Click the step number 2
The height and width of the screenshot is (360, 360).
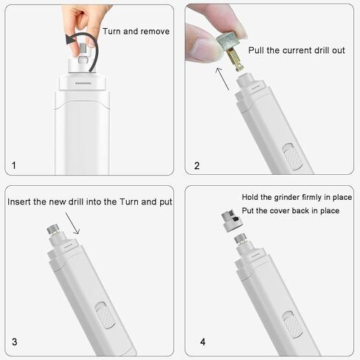pos(197,165)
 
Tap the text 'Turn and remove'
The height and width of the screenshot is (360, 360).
pos(136,32)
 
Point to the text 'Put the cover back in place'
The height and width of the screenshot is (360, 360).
pos(291,210)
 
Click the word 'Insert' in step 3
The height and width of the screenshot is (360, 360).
pos(19,201)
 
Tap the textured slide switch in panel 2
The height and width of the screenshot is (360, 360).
pos(294,156)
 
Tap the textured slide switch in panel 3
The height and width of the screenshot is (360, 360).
pos(107,317)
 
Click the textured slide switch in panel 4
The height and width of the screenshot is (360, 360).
pos(293,324)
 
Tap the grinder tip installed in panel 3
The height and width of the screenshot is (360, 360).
pos(54,232)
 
